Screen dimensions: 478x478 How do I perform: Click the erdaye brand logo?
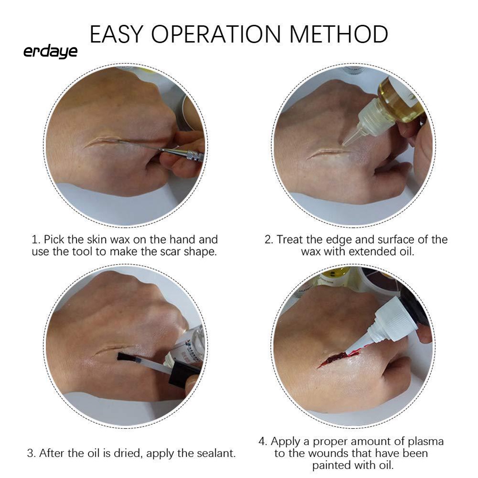pyautogui.click(x=50, y=52)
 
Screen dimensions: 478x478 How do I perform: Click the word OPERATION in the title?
pyautogui.click(x=216, y=34)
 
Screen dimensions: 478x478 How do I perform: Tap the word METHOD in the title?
pyautogui.click(x=339, y=34)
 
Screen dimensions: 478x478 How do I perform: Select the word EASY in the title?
pyautogui.click(x=116, y=34)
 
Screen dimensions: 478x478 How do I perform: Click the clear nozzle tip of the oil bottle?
pyautogui.click(x=351, y=138)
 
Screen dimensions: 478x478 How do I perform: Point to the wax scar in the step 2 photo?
pyautogui.click(x=328, y=152)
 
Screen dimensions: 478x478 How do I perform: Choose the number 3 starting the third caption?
pyautogui.click(x=31, y=453)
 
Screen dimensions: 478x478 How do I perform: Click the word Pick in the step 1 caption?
pyautogui.click(x=54, y=240)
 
